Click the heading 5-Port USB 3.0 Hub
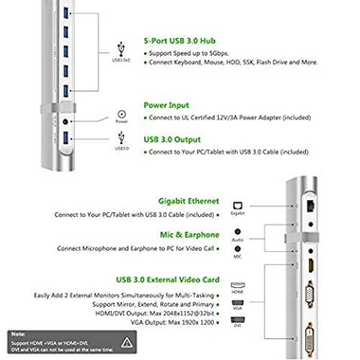click(x=179, y=41)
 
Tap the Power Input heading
click(x=166, y=105)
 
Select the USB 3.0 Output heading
click(x=172, y=140)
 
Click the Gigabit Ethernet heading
click(x=189, y=201)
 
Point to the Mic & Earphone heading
click(x=189, y=235)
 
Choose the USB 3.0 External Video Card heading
click(x=168, y=279)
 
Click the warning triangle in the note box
click(x=127, y=343)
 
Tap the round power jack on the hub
click(x=66, y=122)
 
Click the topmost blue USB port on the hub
click(x=66, y=13)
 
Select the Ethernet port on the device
click(x=311, y=206)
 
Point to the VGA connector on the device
click(x=310, y=294)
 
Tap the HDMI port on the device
click(x=311, y=266)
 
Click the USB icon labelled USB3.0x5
click(x=121, y=49)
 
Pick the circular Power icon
click(x=122, y=114)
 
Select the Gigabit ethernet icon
click(x=238, y=206)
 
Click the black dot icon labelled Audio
click(x=238, y=232)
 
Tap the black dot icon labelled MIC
click(x=238, y=248)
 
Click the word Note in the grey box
click(x=18, y=334)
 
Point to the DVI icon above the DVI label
click(x=238, y=320)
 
